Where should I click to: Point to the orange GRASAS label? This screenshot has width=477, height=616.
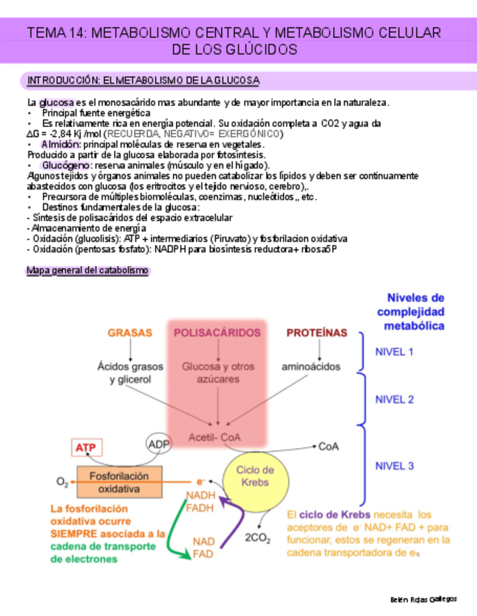[x=130, y=333]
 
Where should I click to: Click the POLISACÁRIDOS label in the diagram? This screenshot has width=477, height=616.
[x=217, y=333]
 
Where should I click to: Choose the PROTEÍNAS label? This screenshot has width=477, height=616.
[x=316, y=333]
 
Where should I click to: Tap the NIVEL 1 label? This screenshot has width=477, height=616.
[x=393, y=352]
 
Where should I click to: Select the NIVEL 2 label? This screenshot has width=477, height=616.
[x=393, y=399]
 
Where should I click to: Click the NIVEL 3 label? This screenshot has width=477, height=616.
[x=393, y=466]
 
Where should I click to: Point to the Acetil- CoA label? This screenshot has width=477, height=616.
[x=215, y=437]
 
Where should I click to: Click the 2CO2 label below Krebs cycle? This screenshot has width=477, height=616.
[x=257, y=538]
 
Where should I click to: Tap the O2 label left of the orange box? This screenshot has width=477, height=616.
[x=63, y=482]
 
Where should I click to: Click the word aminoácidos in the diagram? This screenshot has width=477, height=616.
[x=310, y=367]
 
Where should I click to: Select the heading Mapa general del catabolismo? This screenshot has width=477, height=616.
[x=87, y=271]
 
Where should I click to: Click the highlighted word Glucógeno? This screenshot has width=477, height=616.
[x=66, y=166]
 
